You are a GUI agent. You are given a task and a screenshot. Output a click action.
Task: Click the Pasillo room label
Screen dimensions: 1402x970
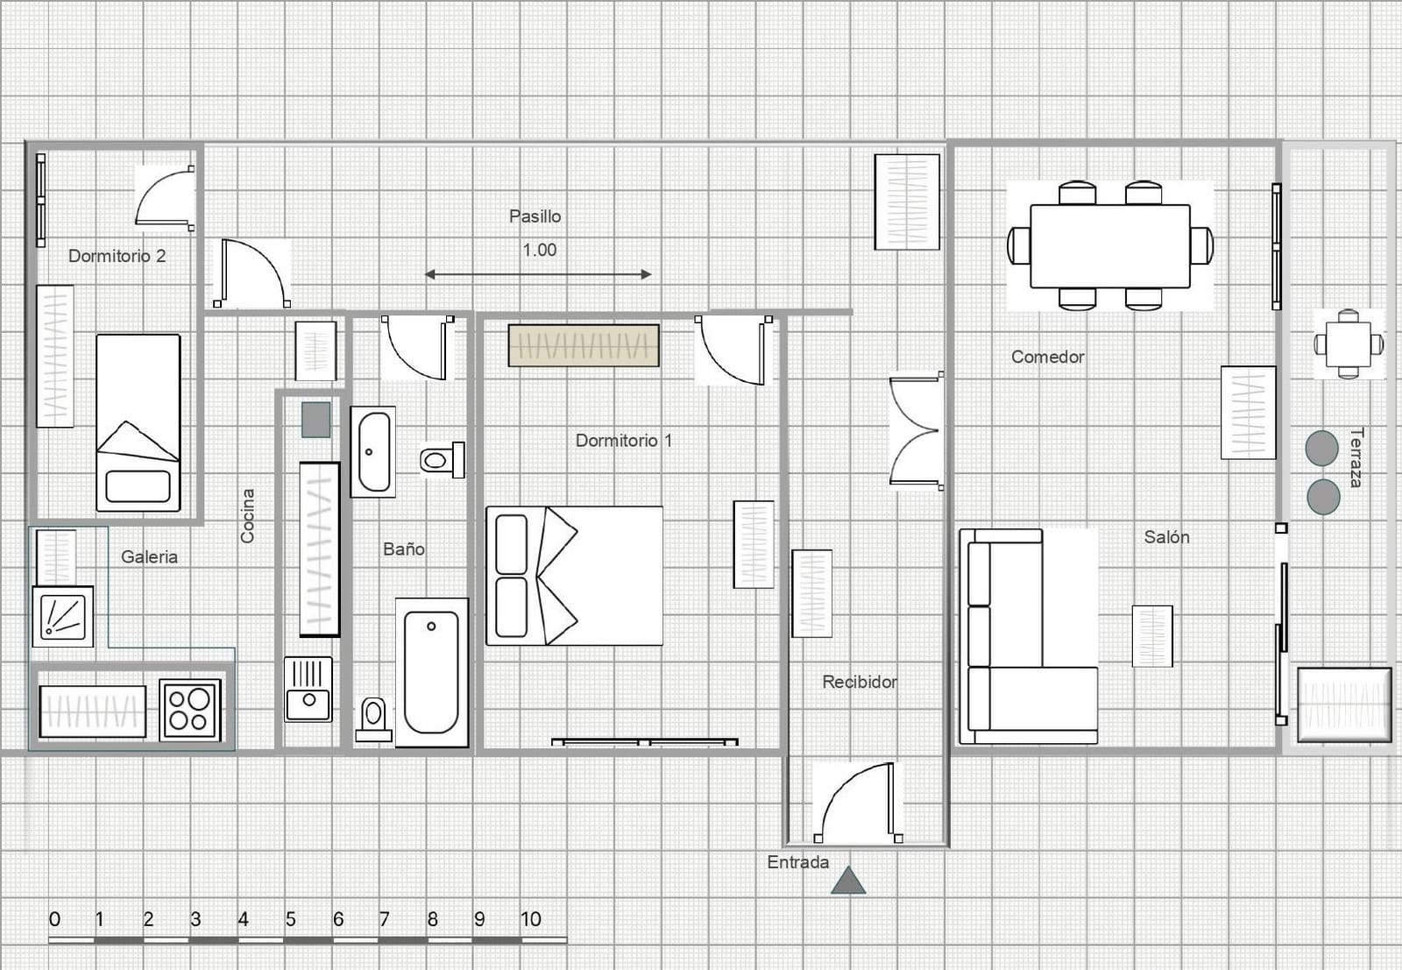[x=535, y=216]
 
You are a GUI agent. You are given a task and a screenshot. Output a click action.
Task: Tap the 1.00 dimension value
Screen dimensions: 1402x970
[x=540, y=251]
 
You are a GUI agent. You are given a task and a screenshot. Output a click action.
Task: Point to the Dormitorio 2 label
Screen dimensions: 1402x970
[x=117, y=256]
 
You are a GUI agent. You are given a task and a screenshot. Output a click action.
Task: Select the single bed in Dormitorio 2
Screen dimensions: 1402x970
[x=138, y=423]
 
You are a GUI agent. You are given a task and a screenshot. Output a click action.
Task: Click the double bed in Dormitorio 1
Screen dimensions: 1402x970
[x=575, y=576]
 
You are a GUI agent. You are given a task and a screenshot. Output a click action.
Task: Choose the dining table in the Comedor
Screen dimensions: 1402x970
[x=1110, y=246]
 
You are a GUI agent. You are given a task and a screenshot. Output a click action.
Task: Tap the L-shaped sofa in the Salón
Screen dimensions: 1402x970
[x=1029, y=637]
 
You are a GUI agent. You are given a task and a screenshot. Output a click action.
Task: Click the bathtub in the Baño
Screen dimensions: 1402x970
[x=432, y=672]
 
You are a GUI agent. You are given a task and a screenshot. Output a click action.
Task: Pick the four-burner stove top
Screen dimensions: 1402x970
[x=189, y=711]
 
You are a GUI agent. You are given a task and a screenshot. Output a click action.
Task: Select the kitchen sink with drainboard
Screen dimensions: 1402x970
[x=308, y=690]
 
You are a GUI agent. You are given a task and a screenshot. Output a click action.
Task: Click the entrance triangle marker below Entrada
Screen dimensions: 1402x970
[x=849, y=881]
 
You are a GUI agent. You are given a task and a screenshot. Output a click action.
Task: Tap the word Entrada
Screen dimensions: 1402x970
[x=798, y=862]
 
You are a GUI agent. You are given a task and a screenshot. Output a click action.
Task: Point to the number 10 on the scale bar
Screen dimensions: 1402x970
[x=531, y=919]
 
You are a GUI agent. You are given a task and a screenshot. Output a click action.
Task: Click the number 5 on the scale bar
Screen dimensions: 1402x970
[x=290, y=919]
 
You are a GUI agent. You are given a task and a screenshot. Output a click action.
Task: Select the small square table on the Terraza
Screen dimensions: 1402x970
[x=1349, y=344]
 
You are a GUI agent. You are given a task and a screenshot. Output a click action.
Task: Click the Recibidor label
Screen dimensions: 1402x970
[x=860, y=682]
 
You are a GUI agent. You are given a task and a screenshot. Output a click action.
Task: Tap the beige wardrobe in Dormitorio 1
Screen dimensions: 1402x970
[x=584, y=345]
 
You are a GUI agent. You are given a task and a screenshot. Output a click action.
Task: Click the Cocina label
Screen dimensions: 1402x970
[x=248, y=515]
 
